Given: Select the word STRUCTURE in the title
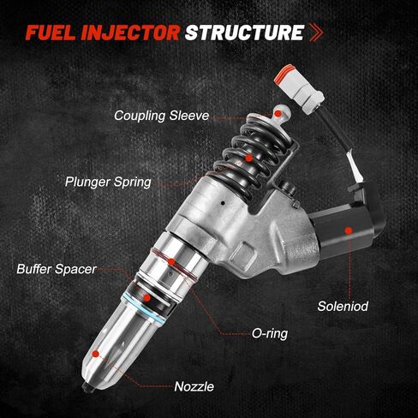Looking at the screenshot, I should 245,33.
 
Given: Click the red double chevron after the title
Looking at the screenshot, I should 318,34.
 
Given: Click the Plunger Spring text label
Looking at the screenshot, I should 110,181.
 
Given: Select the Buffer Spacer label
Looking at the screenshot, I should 56,268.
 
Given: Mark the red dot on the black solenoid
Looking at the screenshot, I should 348,230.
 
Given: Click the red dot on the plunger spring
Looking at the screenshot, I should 248,158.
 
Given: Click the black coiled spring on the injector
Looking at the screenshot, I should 252,150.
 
